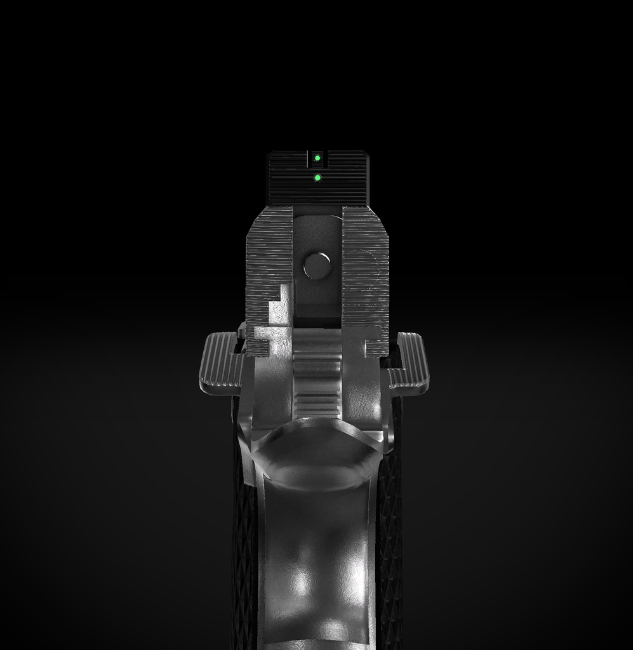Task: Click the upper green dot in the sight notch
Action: [x=317, y=158]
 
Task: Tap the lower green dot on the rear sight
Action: [x=317, y=178]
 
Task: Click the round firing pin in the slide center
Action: [x=316, y=266]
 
